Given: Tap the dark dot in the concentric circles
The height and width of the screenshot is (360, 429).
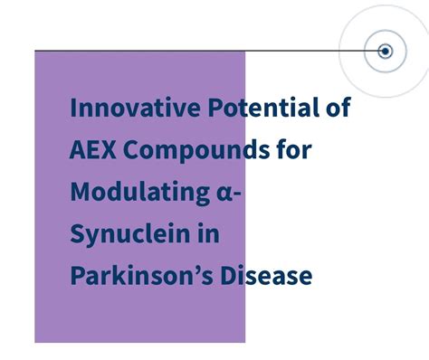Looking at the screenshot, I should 385,52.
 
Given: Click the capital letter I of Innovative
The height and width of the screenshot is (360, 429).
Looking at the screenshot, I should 73,109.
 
